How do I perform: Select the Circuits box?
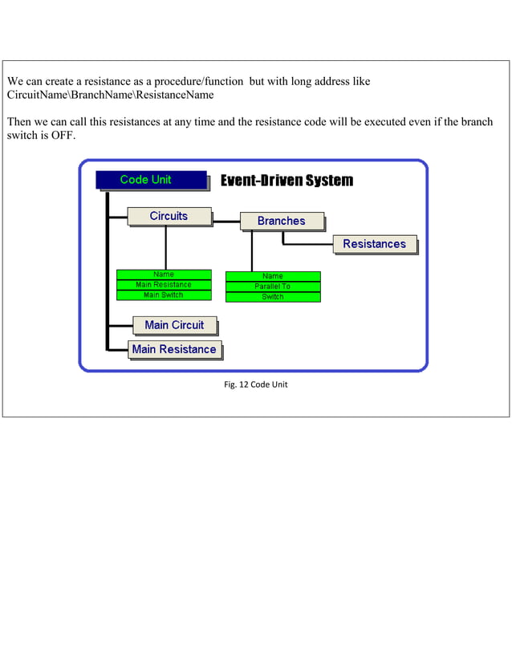click(x=169, y=216)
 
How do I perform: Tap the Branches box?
click(x=282, y=221)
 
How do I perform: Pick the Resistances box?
click(x=375, y=244)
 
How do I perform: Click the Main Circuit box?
click(x=174, y=325)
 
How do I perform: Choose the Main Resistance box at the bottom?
click(x=174, y=349)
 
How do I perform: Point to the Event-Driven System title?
click(x=286, y=181)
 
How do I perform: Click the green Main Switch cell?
click(x=164, y=295)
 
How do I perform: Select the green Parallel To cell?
click(x=273, y=287)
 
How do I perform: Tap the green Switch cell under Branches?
click(x=273, y=297)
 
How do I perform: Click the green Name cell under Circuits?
click(x=164, y=275)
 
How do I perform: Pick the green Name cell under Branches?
click(x=273, y=276)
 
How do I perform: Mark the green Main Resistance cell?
click(x=164, y=285)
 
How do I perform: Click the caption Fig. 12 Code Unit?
click(x=255, y=384)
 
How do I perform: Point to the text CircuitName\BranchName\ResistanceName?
click(x=110, y=96)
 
